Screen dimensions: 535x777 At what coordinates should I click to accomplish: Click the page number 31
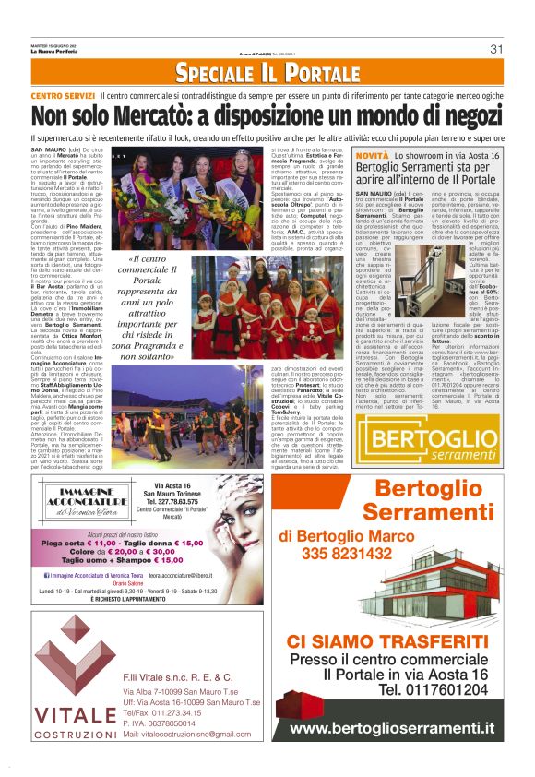pyautogui.click(x=495, y=49)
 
